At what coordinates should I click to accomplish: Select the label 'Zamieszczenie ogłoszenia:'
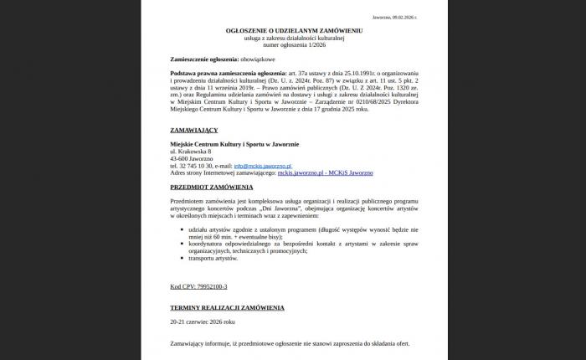click(x=202, y=60)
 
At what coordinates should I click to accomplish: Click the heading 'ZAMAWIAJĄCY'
click(x=193, y=131)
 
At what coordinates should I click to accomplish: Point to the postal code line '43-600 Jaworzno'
click(x=191, y=158)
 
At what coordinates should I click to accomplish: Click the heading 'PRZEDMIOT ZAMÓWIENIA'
click(x=211, y=187)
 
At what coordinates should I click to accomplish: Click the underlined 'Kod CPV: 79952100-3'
click(x=198, y=286)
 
